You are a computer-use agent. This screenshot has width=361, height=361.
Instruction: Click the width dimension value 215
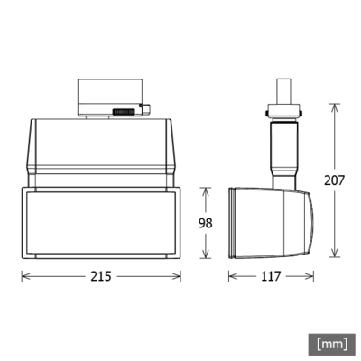100,277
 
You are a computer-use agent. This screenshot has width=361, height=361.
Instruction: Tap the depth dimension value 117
270,277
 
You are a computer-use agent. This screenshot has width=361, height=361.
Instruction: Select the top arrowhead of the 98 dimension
208,190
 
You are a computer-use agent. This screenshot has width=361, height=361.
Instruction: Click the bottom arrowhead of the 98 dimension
208,255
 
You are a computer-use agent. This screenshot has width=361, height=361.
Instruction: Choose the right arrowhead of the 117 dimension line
309,277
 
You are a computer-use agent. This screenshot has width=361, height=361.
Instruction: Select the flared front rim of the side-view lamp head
233,222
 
